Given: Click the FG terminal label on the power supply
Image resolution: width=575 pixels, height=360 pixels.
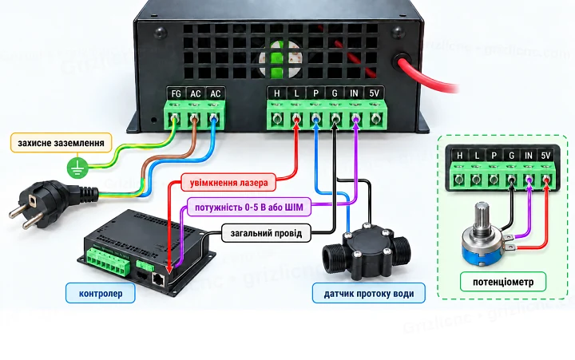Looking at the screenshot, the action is pos(176,94).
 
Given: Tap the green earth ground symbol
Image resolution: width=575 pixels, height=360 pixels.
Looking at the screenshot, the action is pos(77,168).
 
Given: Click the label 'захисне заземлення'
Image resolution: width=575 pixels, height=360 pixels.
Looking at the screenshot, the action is pos(61,143).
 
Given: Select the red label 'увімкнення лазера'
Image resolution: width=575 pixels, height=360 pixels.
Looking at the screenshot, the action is pos(228,182).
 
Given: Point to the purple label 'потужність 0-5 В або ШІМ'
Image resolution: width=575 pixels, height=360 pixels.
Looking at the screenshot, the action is pos(249,207).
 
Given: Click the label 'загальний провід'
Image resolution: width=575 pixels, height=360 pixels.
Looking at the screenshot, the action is pos(266,233).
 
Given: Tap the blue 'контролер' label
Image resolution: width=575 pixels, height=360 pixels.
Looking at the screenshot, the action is pos(101,293).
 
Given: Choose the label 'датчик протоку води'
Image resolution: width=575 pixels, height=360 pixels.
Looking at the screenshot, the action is pos(368,293).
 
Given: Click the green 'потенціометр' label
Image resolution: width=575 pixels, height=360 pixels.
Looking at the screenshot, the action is pos(503,282).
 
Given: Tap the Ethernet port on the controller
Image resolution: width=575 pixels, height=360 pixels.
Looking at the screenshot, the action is pos(158,279).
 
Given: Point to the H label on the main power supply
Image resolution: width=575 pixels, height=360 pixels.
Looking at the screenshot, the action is pos(277,93).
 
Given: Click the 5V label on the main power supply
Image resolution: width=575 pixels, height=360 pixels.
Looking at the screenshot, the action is pos(374,93).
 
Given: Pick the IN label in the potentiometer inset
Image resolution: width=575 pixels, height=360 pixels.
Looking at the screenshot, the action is pos(528,156).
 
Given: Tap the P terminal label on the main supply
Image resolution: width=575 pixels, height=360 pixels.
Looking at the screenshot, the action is pos(315,93).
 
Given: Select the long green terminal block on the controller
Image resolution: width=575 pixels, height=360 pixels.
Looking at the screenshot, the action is pos(109,262).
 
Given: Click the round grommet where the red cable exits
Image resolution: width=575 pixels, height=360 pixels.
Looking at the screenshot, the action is pos(402,62).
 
